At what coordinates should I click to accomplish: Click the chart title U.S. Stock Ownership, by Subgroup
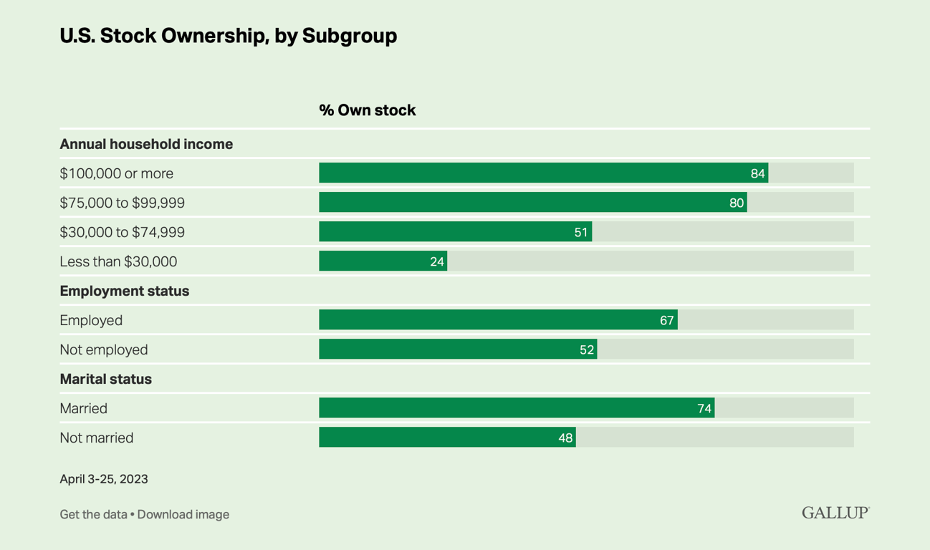point(229,36)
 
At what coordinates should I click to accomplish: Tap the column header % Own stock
point(367,110)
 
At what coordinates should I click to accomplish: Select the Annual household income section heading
point(146,144)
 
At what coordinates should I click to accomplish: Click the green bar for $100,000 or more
point(544,173)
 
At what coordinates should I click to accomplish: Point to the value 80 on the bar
point(737,203)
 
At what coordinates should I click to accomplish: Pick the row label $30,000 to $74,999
point(122,232)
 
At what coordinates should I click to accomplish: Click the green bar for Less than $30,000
point(383,261)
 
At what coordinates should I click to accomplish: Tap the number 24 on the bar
point(437,261)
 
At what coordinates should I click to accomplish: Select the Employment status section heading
point(125,291)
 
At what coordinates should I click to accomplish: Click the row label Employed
point(91,320)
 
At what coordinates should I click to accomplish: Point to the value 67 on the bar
point(667,320)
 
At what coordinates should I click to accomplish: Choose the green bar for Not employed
point(458,349)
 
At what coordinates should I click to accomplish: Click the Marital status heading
point(106,379)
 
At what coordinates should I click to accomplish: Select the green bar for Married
point(517,408)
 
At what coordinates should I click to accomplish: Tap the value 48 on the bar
point(565,438)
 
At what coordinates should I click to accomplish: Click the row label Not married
point(96,438)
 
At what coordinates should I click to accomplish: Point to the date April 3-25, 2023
point(104,479)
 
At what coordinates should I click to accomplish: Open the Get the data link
point(93,514)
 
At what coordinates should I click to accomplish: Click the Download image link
point(183,514)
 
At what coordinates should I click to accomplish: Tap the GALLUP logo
point(835,513)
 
